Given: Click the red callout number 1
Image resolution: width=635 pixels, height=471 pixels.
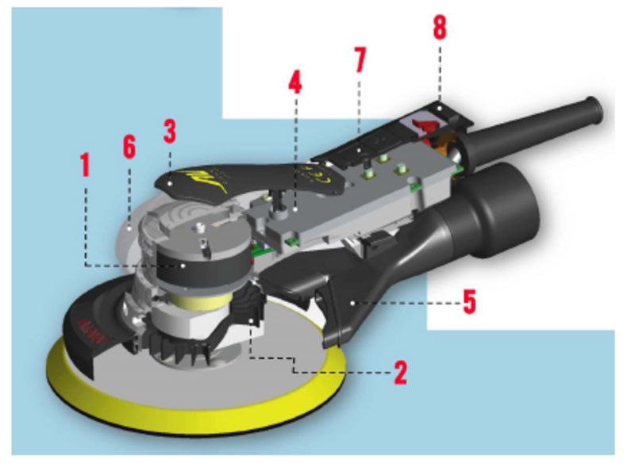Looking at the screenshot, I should pos(85,166).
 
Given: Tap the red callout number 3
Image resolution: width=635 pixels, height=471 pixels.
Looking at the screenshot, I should pos(169,131).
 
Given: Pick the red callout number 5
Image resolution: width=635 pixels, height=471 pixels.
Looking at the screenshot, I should pos(469,301).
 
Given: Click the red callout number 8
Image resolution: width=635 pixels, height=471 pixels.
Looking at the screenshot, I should pos(439,27).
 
